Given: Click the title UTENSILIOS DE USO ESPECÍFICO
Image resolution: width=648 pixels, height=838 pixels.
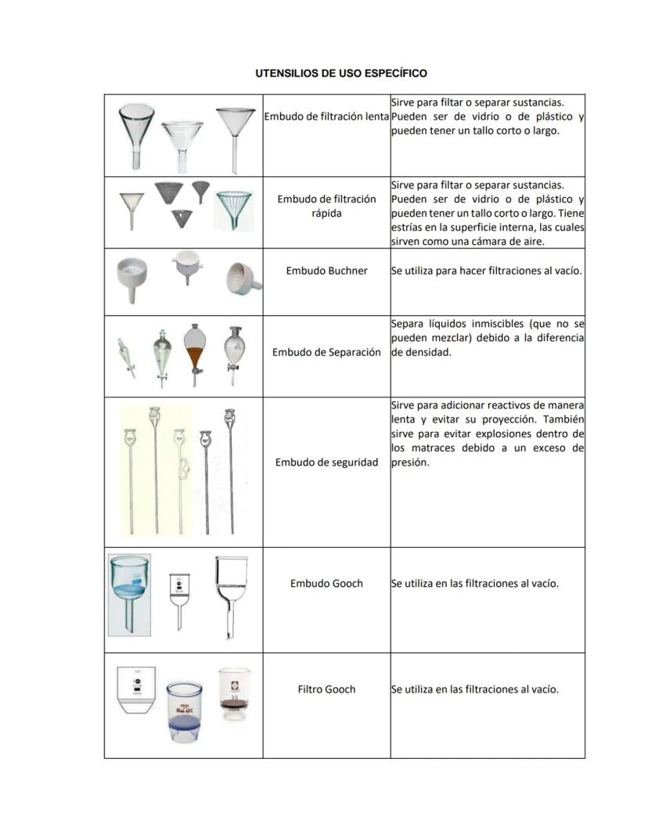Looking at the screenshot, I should (x=341, y=74).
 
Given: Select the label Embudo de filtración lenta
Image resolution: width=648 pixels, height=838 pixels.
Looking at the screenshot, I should (x=326, y=117).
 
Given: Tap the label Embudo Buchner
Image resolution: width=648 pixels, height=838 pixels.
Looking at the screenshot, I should (x=326, y=271).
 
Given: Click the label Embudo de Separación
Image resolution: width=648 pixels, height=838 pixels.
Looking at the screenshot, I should (x=326, y=352).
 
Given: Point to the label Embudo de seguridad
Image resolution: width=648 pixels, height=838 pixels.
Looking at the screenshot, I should (x=326, y=462).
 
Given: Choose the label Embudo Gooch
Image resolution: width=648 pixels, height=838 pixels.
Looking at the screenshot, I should (x=326, y=583).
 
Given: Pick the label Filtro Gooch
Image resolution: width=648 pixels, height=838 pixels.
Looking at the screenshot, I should (x=326, y=689).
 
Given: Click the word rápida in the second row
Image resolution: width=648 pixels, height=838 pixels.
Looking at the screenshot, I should (x=326, y=214).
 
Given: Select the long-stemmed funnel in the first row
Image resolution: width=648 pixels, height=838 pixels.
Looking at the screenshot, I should (x=235, y=137).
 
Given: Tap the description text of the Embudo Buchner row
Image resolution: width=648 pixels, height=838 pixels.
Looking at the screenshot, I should (x=486, y=271).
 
